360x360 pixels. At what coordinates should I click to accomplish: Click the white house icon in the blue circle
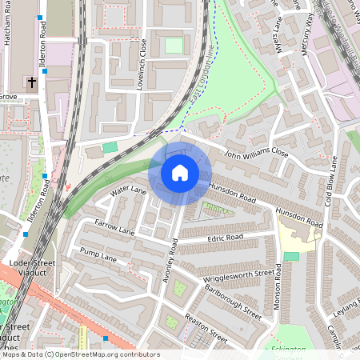180,172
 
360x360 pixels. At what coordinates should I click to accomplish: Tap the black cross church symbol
33,82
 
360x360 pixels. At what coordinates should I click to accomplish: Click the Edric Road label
224,238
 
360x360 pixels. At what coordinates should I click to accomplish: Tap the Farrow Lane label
114,226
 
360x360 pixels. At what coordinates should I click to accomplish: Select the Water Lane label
128,191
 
